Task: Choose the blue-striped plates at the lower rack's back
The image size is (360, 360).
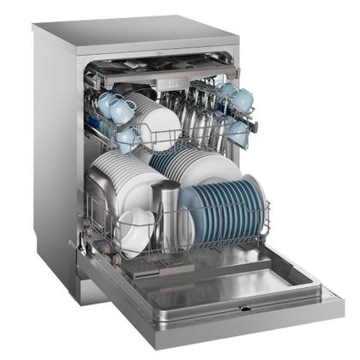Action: click(171, 159)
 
